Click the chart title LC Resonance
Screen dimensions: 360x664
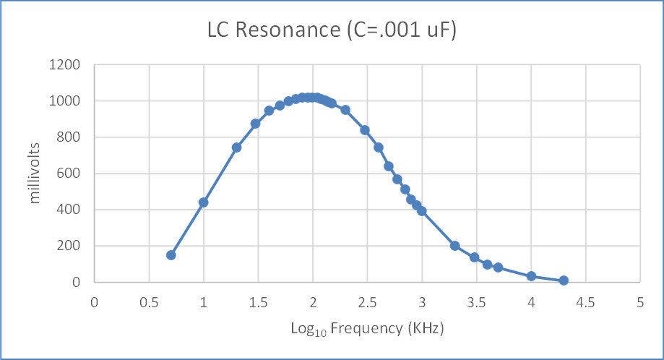pyautogui.click(x=332, y=31)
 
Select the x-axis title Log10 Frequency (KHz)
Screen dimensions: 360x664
pyautogui.click(x=367, y=328)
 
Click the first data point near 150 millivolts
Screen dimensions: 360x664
pyautogui.click(x=171, y=255)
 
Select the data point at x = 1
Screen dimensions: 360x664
pyautogui.click(x=204, y=202)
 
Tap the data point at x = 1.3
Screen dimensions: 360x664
pyautogui.click(x=236, y=147)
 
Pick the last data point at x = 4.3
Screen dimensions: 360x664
pyautogui.click(x=564, y=280)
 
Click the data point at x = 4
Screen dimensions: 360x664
pyautogui.click(x=531, y=276)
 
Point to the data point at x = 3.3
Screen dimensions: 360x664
pyautogui.click(x=454, y=246)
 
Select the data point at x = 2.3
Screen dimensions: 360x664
pyautogui.click(x=345, y=110)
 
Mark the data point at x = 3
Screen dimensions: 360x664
pyautogui.click(x=422, y=211)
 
